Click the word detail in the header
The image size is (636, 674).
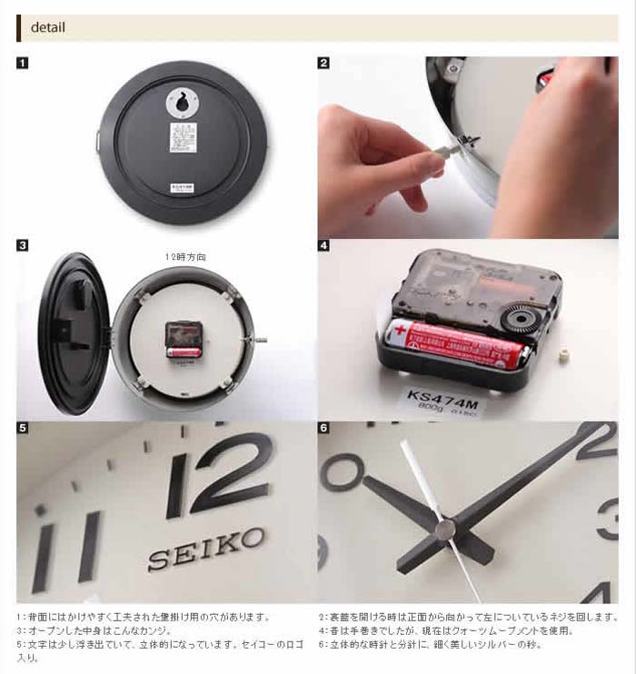point(48,27)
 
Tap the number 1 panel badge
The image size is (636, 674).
point(23,64)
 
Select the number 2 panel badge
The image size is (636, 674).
point(323,64)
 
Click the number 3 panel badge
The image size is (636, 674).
point(23,245)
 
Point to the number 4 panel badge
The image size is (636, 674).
point(323,245)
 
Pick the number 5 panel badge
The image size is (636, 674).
point(23,428)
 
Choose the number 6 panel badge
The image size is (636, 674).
point(323,428)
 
